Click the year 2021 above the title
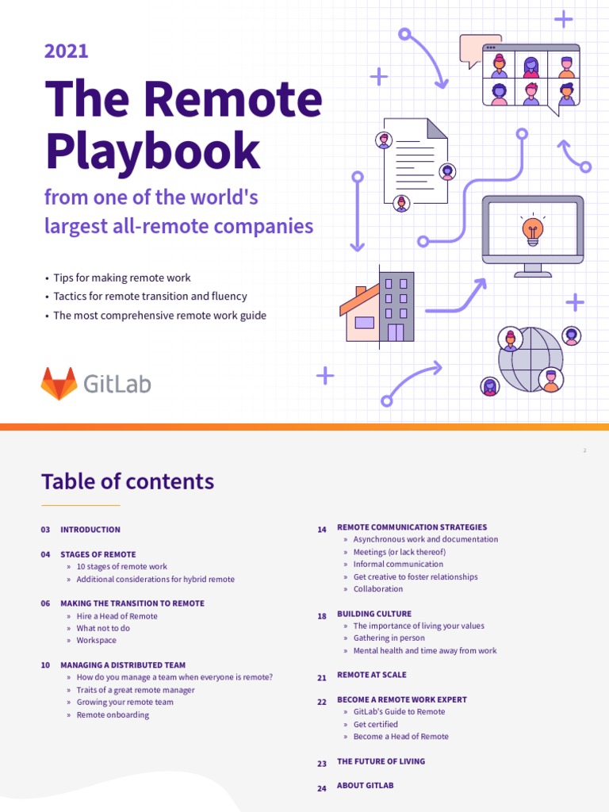[x=66, y=52]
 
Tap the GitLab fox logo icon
[x=59, y=384]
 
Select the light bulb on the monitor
[x=531, y=229]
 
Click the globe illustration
[x=530, y=359]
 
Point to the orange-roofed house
[x=361, y=313]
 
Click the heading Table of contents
[x=128, y=481]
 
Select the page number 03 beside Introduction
[x=45, y=530]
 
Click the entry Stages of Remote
[x=98, y=554]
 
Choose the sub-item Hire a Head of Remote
[x=117, y=616]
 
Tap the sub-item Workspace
[x=96, y=641]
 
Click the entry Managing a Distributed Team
[x=123, y=665]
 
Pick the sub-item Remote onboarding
[x=113, y=714]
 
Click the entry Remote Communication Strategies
[x=412, y=527]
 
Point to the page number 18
[x=322, y=616]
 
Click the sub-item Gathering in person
[x=389, y=638]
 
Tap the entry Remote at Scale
[x=371, y=675]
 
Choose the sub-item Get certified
[x=375, y=724]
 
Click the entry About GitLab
[x=365, y=785]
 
